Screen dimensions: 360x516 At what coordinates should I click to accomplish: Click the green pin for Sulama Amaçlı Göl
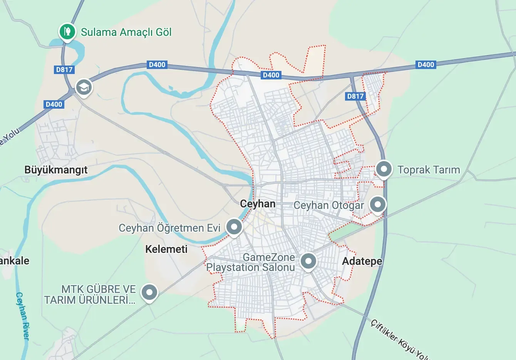click(67, 31)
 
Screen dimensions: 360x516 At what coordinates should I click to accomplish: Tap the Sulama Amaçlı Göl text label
click(126, 32)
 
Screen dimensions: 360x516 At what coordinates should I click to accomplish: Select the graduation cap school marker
click(84, 87)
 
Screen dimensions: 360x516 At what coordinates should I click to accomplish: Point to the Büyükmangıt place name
click(56, 170)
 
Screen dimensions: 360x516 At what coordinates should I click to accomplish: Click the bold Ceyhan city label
click(258, 204)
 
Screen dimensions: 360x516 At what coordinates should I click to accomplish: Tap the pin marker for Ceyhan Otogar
click(377, 204)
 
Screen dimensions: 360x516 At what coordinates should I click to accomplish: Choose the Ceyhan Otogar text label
click(328, 205)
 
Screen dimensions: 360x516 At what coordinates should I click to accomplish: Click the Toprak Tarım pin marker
click(384, 169)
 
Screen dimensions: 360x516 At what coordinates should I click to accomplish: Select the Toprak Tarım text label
click(429, 170)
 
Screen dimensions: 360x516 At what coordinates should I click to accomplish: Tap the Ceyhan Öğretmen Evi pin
click(234, 227)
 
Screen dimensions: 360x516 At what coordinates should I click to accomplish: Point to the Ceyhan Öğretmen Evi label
click(169, 228)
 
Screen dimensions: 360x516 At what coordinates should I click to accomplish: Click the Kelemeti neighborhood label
click(166, 249)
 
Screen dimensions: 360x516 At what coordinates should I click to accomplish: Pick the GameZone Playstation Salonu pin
click(308, 261)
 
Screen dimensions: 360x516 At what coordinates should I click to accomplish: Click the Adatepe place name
click(362, 261)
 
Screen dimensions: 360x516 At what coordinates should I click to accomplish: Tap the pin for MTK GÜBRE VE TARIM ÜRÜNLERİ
click(149, 293)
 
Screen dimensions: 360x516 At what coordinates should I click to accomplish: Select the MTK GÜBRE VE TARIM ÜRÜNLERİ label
click(90, 294)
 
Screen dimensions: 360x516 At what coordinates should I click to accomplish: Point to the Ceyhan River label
click(22, 316)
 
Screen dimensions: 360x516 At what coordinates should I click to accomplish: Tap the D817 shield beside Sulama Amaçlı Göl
click(64, 70)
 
